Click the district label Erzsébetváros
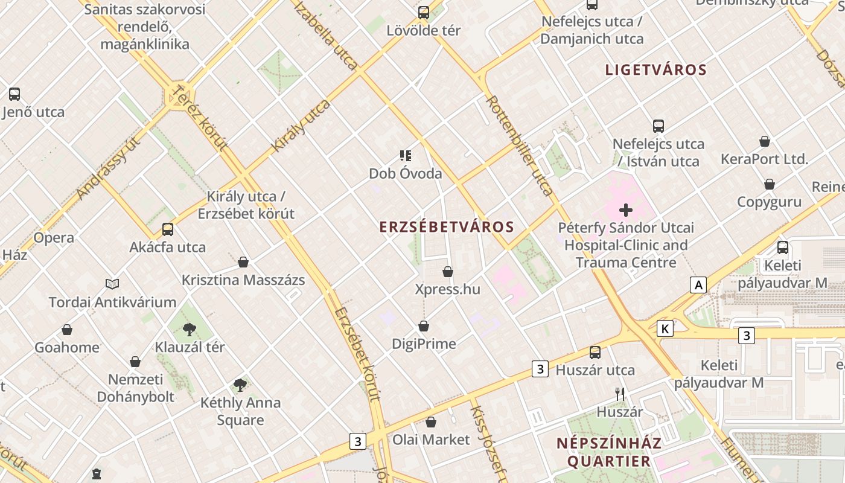(x=447, y=227)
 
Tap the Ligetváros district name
(x=655, y=69)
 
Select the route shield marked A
(x=698, y=285)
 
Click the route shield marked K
(x=665, y=328)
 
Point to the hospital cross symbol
(x=626, y=210)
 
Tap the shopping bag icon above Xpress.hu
(x=448, y=272)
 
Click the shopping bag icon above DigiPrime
(x=424, y=326)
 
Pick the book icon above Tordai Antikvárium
(x=112, y=284)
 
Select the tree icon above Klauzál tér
(x=190, y=329)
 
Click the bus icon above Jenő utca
(x=14, y=94)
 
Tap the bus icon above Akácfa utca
(x=168, y=229)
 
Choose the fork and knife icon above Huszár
(x=619, y=394)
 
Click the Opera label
(x=54, y=238)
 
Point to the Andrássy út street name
(x=109, y=168)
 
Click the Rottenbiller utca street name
(x=520, y=146)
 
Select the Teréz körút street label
(x=200, y=118)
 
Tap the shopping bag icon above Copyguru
(x=770, y=184)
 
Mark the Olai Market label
(x=431, y=440)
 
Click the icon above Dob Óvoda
(x=406, y=156)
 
